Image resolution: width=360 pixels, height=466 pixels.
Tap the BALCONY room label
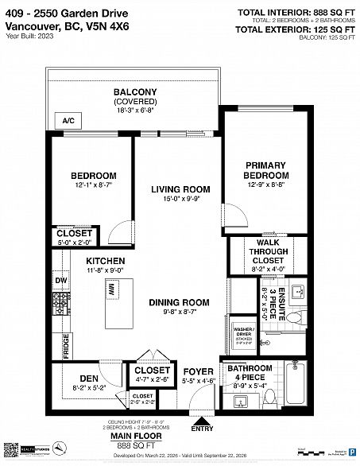click(x=134, y=92)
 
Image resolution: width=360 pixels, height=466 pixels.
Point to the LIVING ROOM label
click(x=180, y=189)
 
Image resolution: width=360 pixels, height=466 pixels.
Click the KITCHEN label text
click(x=105, y=261)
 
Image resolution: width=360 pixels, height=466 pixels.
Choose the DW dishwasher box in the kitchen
click(x=60, y=280)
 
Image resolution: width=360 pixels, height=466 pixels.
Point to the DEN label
click(x=88, y=378)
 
